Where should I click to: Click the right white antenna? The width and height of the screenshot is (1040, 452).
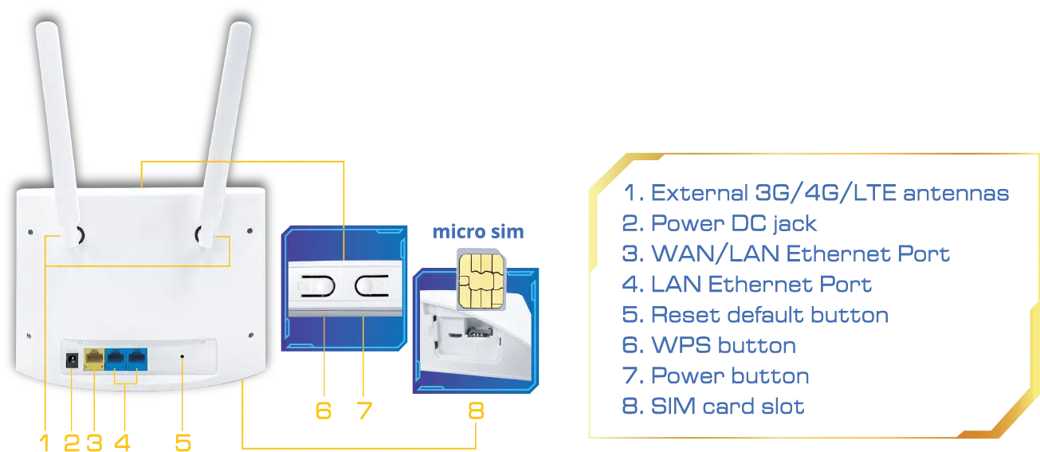click(x=224, y=120)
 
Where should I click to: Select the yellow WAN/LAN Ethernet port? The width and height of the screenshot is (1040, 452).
click(x=94, y=359)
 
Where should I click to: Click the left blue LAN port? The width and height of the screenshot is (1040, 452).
click(x=116, y=359)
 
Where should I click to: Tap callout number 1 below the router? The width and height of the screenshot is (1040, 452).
click(x=45, y=442)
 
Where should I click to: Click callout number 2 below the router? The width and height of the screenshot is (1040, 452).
click(x=71, y=442)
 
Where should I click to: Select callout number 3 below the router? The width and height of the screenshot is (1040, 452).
click(x=93, y=442)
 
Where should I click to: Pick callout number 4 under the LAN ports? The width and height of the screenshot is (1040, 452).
click(x=124, y=442)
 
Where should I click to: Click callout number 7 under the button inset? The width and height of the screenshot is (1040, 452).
click(x=365, y=411)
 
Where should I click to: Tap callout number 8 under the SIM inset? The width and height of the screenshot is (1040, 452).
click(x=476, y=411)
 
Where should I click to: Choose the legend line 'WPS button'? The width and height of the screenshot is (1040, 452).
click(x=707, y=346)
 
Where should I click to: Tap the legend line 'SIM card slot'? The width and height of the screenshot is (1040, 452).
click(x=713, y=406)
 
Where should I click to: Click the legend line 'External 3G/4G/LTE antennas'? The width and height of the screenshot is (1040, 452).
click(x=818, y=192)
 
